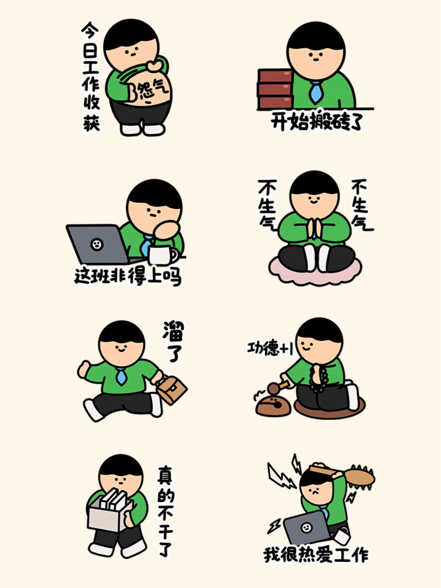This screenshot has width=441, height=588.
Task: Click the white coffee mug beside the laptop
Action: [x=162, y=255]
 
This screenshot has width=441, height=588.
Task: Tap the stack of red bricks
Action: [x=275, y=89]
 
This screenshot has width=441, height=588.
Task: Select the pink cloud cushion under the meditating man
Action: [x=312, y=272]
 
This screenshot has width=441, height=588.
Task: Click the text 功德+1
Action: [x=270, y=348]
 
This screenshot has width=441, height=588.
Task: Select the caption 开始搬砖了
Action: [x=317, y=122]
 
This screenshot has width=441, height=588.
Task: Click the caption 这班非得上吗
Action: [x=128, y=276]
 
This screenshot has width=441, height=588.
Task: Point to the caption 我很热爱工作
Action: [x=316, y=554]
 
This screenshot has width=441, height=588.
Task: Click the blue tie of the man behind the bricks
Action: [x=315, y=92]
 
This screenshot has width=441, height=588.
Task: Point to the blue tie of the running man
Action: [x=121, y=376]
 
